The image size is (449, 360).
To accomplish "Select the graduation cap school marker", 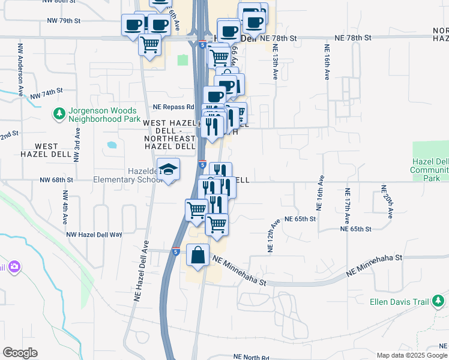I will [x=168, y=170].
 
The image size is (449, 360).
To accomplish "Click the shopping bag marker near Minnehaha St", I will [x=198, y=256].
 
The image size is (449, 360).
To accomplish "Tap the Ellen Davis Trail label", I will [x=398, y=302].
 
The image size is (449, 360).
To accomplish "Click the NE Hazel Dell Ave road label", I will [x=142, y=269].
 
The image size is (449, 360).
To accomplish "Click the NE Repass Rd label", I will [x=173, y=107].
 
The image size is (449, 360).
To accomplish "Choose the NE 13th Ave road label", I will [x=275, y=64].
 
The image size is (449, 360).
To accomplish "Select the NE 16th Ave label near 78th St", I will [x=327, y=62].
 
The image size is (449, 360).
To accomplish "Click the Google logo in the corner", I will [x=20, y=352].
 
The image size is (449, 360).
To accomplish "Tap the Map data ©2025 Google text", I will [x=411, y=355].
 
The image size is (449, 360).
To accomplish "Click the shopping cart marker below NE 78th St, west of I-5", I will [x=149, y=44].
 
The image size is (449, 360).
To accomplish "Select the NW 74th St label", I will [x=46, y=93].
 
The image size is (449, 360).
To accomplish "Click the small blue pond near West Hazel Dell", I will [x=112, y=145].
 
